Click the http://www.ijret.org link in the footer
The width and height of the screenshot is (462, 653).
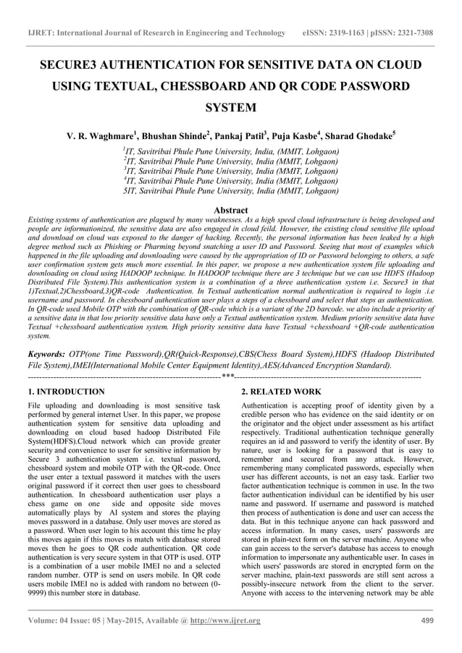click(222, 620)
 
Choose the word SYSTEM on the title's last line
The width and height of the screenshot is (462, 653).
click(230, 109)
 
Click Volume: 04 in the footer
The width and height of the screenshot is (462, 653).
click(49, 620)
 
